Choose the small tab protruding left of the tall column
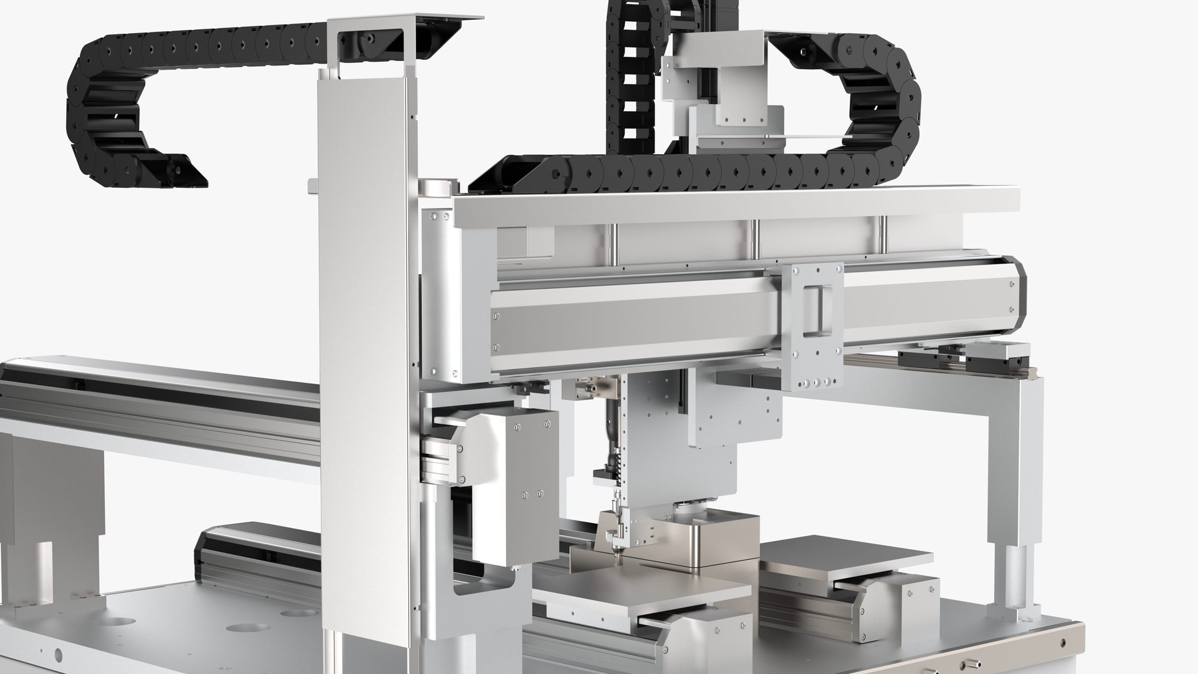[313, 185]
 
